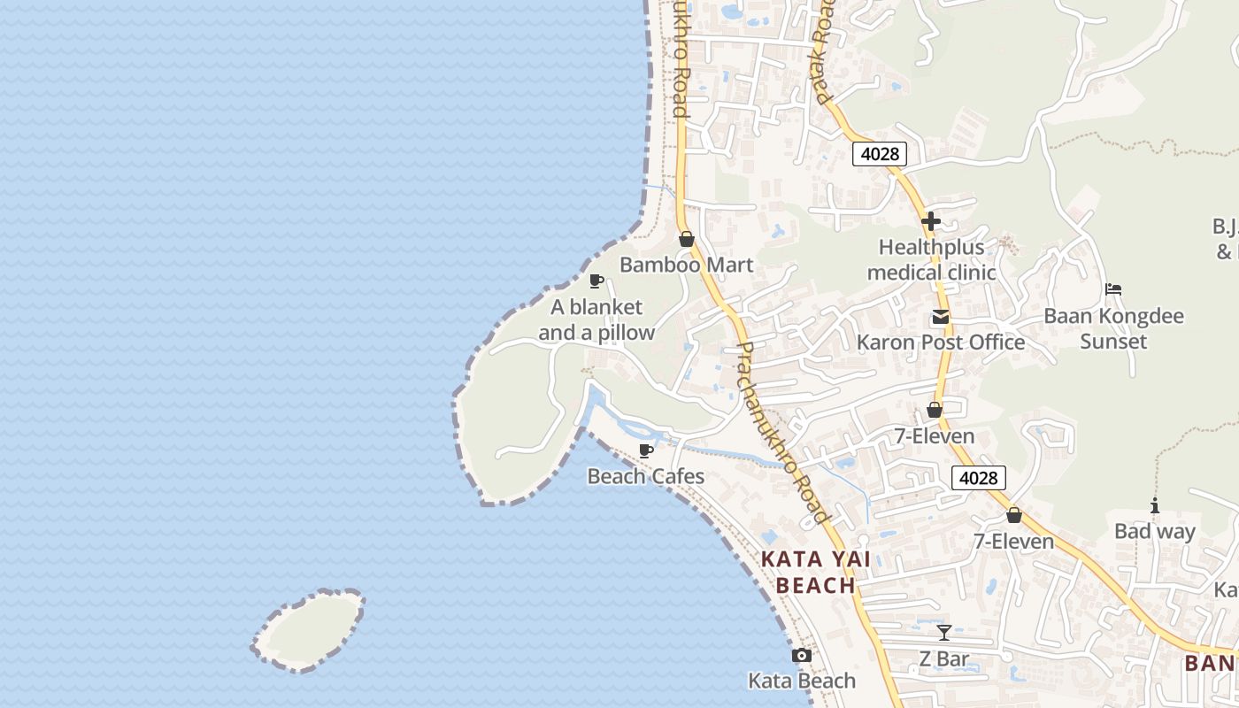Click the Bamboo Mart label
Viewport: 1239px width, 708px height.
(687, 265)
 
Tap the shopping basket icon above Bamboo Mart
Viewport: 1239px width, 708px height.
(686, 239)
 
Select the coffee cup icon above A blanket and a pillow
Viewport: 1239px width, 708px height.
(596, 281)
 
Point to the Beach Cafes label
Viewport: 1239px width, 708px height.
(646, 476)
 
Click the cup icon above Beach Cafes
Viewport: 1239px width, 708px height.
(646, 450)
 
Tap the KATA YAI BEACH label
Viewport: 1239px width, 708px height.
(815, 572)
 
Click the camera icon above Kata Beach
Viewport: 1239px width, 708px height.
(802, 656)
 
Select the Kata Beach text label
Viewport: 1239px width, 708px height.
(802, 681)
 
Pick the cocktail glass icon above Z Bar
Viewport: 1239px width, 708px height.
(944, 633)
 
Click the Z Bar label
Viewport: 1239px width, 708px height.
(944, 659)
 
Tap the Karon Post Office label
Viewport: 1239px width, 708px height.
(941, 342)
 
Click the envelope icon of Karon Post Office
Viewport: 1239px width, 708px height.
(940, 317)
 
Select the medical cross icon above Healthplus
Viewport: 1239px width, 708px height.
(930, 221)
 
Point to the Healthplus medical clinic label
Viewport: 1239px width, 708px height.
(931, 260)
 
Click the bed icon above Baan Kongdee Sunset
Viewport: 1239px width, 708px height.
(1113, 289)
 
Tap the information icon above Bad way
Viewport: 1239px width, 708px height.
(1154, 506)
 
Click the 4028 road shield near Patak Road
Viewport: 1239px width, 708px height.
(880, 154)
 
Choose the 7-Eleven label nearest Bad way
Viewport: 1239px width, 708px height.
(1014, 542)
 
